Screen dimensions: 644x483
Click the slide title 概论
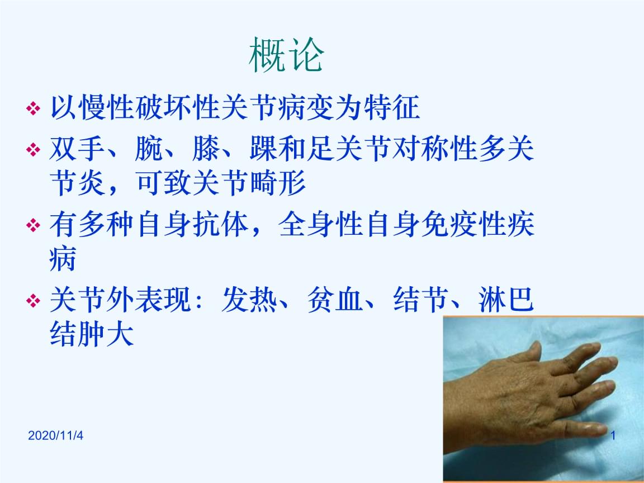[x=286, y=55]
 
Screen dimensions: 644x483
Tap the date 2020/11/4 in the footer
[x=55, y=435]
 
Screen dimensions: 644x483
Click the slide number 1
[x=613, y=435]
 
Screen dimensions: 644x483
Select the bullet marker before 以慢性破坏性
[x=34, y=109]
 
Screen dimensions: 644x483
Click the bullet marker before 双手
[x=34, y=149]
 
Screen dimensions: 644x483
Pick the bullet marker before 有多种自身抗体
[x=34, y=225]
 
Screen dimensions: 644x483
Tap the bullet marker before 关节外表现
[x=34, y=301]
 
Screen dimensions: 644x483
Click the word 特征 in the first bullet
[x=392, y=107]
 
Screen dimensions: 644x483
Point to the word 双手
[x=77, y=148]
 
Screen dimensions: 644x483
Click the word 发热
[x=249, y=300]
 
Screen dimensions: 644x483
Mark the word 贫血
[x=335, y=300]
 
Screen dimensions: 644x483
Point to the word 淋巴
[x=506, y=300]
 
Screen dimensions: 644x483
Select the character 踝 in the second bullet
[x=263, y=148]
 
